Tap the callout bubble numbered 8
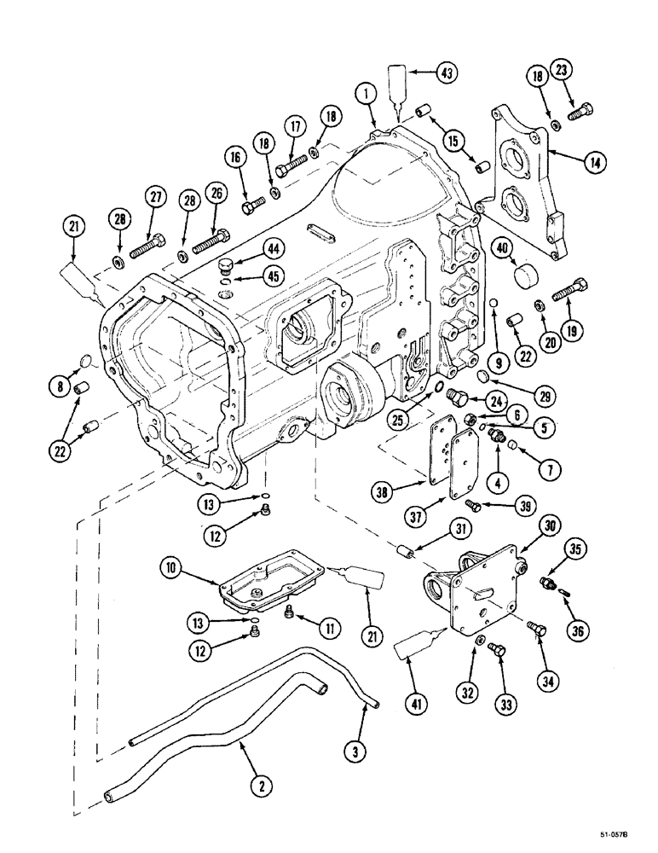tap(59, 385)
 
